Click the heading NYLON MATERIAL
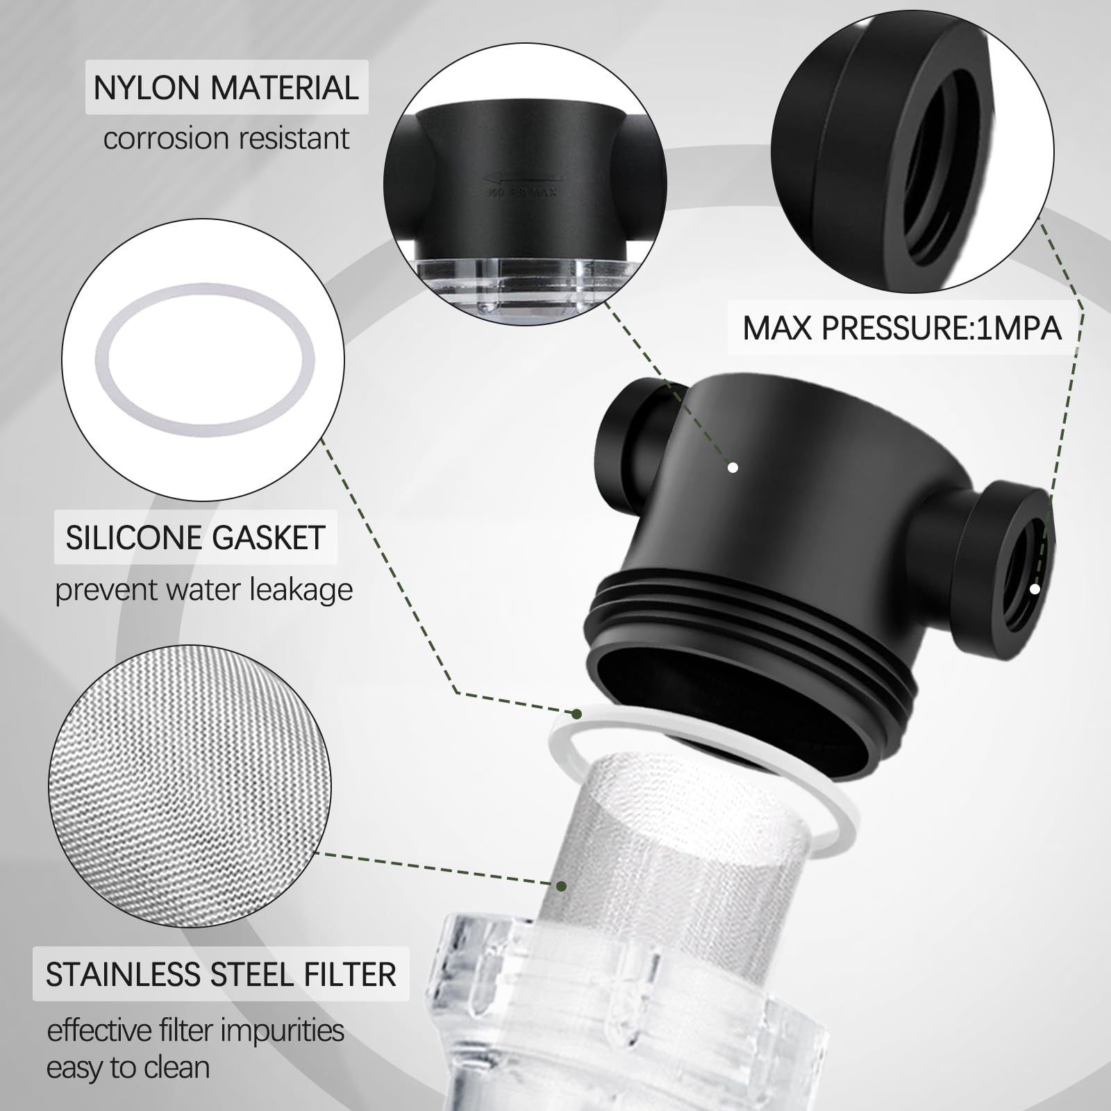click(x=226, y=88)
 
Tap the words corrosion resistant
click(x=226, y=138)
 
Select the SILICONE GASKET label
click(x=195, y=538)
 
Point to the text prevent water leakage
click(x=203, y=590)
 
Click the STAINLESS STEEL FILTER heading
click(x=221, y=974)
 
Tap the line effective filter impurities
click(x=195, y=1030)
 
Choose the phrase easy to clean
click(x=128, y=1067)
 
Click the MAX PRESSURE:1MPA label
click(x=902, y=328)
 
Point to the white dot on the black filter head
click(x=733, y=468)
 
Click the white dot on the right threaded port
click(x=1035, y=589)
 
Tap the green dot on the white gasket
click(x=576, y=713)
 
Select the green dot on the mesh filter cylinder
click(x=562, y=886)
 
